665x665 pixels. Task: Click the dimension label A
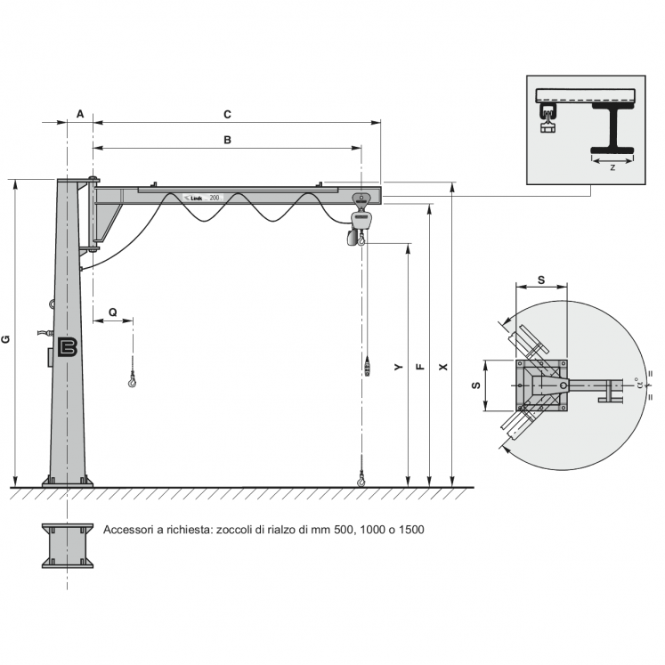(x=79, y=114)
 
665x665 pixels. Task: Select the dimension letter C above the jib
(x=227, y=114)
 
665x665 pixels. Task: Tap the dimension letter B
(x=227, y=140)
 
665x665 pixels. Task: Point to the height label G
(x=6, y=339)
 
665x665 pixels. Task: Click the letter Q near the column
(x=112, y=312)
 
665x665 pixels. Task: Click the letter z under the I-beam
(x=612, y=166)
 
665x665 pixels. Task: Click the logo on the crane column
(x=69, y=348)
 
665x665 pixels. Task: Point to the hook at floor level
(x=361, y=481)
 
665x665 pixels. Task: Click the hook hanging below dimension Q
(x=133, y=381)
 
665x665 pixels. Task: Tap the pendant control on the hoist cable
(x=367, y=365)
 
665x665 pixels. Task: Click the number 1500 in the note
(x=411, y=530)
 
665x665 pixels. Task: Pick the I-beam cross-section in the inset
(x=612, y=126)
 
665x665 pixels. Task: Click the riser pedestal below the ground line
(x=68, y=545)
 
